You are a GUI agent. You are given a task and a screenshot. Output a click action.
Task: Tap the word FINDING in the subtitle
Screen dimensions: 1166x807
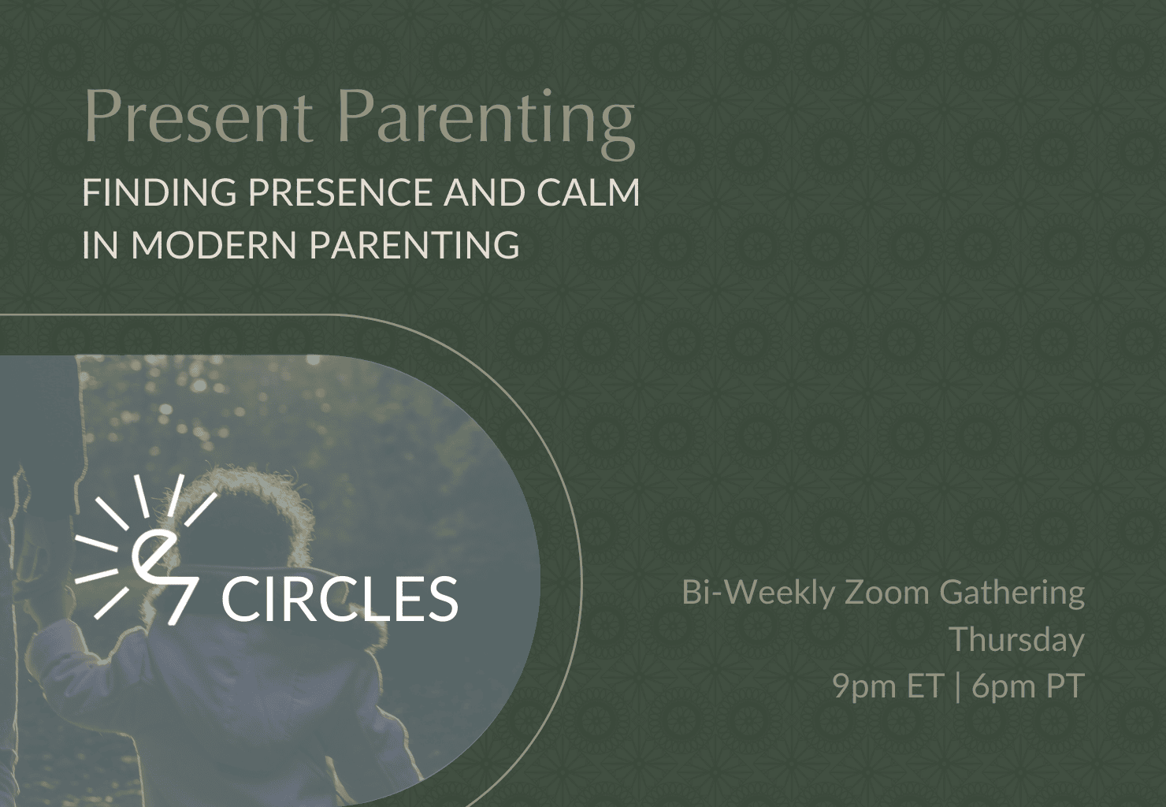click(159, 192)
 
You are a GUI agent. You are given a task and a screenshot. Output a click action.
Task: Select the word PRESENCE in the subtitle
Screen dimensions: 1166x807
click(340, 192)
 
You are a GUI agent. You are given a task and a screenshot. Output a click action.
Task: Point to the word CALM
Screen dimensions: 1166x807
click(588, 192)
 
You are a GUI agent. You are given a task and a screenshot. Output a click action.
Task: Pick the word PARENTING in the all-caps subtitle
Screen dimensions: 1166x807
click(415, 244)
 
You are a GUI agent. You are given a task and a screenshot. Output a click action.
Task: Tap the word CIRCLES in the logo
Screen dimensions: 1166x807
click(342, 598)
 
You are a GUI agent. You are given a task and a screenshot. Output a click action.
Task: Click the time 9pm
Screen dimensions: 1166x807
click(866, 686)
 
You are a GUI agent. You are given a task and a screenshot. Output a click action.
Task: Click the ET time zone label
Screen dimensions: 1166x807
click(926, 685)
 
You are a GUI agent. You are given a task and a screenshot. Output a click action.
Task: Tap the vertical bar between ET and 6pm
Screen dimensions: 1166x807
click(958, 686)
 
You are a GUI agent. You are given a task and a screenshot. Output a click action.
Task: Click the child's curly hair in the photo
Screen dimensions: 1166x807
click(245, 500)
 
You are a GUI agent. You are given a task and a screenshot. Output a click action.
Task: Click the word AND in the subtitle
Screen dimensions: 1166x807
click(484, 192)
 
